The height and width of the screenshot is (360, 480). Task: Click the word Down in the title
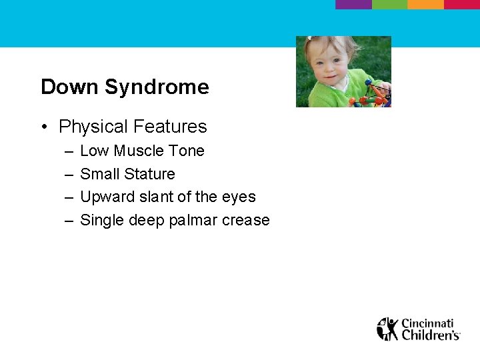pyautogui.click(x=69, y=87)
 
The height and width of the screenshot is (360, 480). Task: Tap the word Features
pyautogui.click(x=170, y=126)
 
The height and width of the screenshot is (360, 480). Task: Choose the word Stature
pyautogui.click(x=149, y=174)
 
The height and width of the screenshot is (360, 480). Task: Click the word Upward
pyautogui.click(x=107, y=197)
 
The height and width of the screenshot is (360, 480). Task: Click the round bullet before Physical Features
pyautogui.click(x=45, y=127)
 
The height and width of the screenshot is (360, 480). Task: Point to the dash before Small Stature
pyautogui.click(x=69, y=175)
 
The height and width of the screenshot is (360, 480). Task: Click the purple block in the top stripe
pyautogui.click(x=353, y=4)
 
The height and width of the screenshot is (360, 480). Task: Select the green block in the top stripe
pyautogui.click(x=390, y=4)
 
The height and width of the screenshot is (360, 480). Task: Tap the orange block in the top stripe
pyautogui.click(x=426, y=4)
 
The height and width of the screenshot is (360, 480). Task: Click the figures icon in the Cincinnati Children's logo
pyautogui.click(x=387, y=329)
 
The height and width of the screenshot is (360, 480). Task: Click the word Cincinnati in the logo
pyautogui.click(x=427, y=323)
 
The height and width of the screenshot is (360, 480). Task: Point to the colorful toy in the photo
pyautogui.click(x=371, y=95)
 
